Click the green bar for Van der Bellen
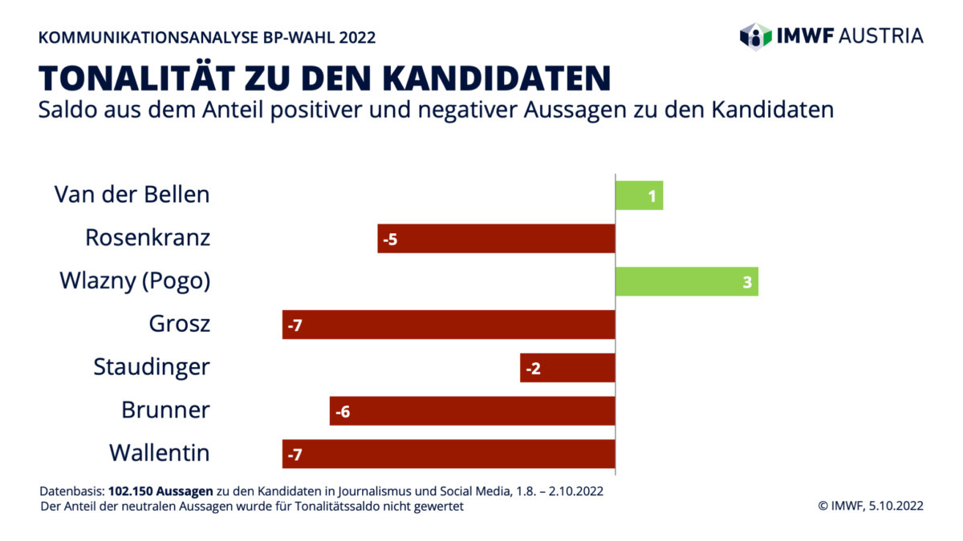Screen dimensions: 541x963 tap(639, 195)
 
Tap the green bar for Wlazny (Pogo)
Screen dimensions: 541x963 tap(686, 281)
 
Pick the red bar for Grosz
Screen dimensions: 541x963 tap(449, 325)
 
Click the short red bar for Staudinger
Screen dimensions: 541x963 tap(567, 368)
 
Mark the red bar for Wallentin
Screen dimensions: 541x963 tap(449, 454)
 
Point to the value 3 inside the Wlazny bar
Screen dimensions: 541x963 tap(746, 282)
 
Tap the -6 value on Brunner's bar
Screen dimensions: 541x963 tap(343, 412)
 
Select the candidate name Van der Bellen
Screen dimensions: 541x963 tap(132, 195)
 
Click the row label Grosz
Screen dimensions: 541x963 tap(179, 325)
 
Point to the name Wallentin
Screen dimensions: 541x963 tap(159, 454)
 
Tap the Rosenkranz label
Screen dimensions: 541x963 tap(148, 238)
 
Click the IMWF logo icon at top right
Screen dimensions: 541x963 tap(755, 35)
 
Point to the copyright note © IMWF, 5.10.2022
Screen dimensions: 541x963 tap(870, 506)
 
